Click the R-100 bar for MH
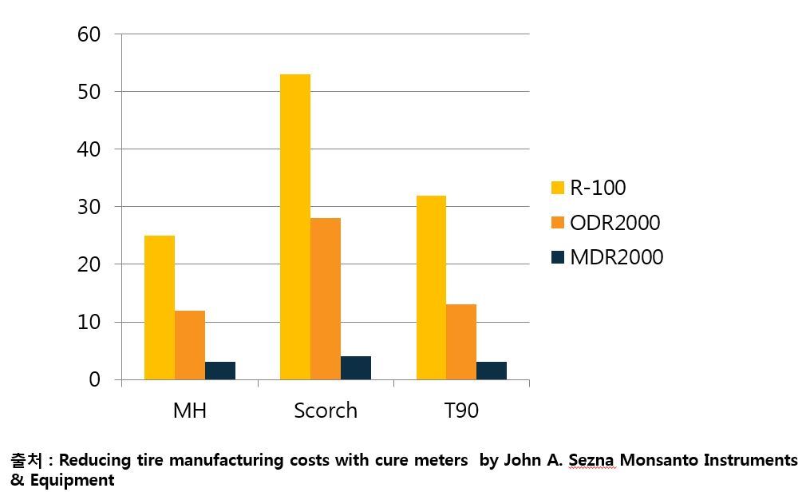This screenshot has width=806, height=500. (160, 308)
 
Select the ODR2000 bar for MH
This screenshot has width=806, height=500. (190, 345)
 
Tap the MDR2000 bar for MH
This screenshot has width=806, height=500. (220, 371)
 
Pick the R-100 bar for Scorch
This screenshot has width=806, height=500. (295, 227)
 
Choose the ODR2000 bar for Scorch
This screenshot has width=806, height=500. (326, 299)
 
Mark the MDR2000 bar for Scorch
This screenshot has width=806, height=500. (356, 367)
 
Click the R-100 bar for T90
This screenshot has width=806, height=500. (431, 288)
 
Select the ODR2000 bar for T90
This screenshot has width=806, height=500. (461, 342)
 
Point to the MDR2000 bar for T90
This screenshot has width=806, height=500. (492, 371)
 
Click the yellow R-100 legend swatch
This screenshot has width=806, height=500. (558, 188)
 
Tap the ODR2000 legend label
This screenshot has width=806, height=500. (614, 223)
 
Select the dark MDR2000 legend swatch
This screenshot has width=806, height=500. (558, 257)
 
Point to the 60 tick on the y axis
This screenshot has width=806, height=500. (89, 34)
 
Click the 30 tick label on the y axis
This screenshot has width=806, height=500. (89, 207)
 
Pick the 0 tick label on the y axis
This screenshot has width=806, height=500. (95, 380)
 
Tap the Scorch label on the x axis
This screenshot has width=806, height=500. (326, 411)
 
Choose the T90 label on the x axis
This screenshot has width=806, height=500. (461, 411)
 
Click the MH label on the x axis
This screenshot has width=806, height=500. (190, 411)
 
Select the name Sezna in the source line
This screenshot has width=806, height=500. (592, 460)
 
